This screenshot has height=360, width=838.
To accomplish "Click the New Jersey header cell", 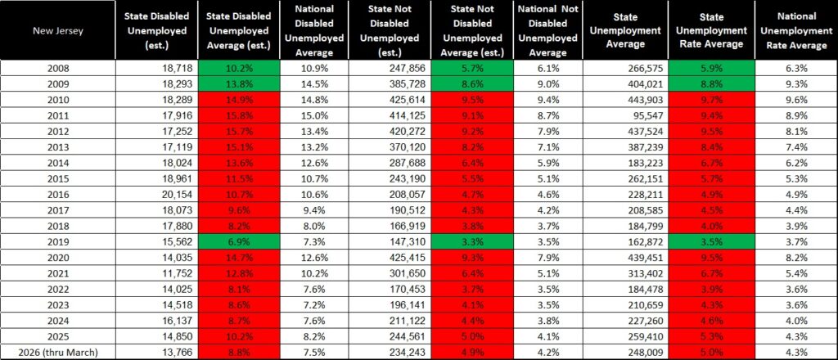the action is (58, 30).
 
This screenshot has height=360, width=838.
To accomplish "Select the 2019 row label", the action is (58, 242).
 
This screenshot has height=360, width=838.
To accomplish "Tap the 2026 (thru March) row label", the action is (58, 352).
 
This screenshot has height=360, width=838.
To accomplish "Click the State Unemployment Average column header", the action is (625, 30).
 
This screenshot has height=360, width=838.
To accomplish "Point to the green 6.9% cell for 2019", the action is (238, 242).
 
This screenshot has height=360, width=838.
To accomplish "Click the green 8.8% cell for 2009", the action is (711, 83).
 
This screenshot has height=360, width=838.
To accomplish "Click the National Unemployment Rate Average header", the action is (796, 30).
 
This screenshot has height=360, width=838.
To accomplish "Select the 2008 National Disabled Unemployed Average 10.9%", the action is (313, 69).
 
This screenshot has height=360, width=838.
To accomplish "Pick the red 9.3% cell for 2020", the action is (472, 258).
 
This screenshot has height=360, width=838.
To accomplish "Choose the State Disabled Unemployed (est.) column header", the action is (156, 30).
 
